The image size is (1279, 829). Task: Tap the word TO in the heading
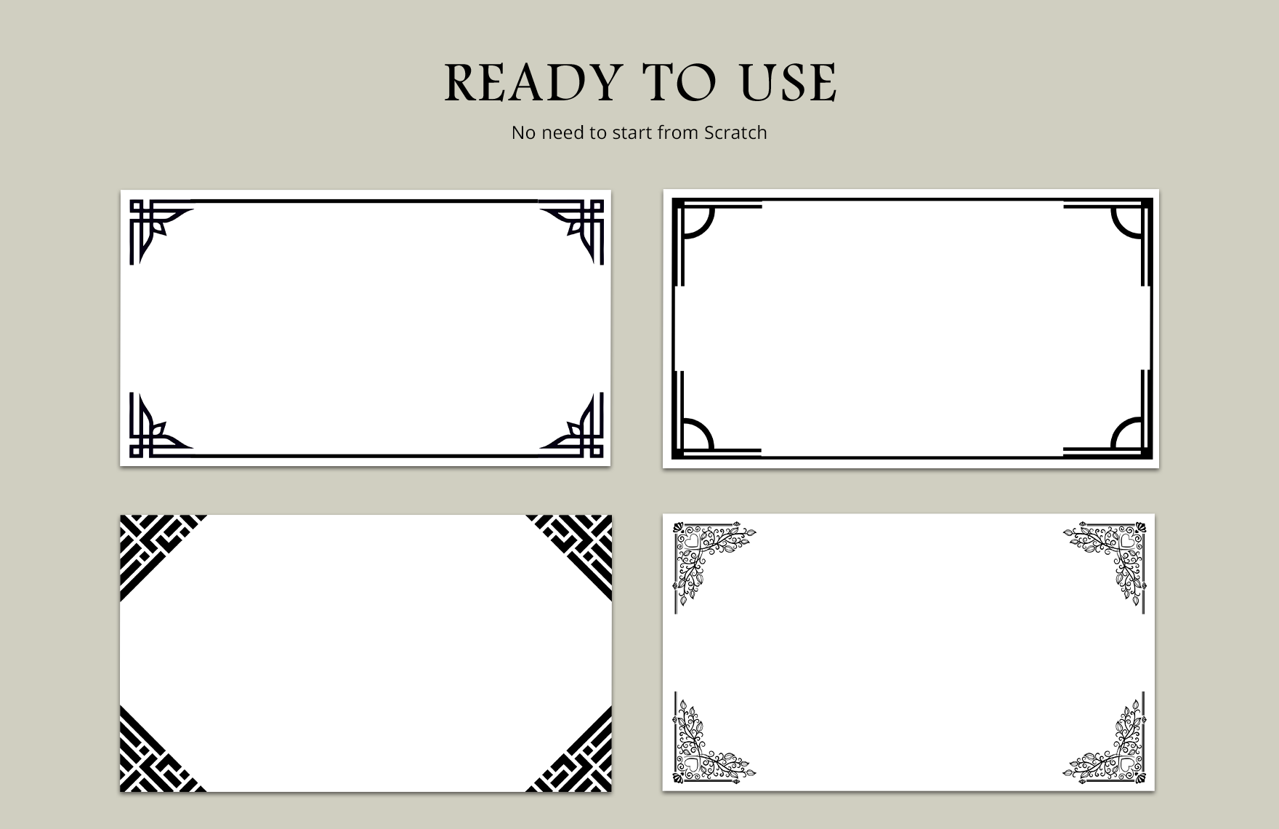coord(680,82)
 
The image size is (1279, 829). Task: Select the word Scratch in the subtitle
coord(735,132)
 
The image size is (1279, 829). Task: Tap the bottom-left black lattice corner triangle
coord(149,762)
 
